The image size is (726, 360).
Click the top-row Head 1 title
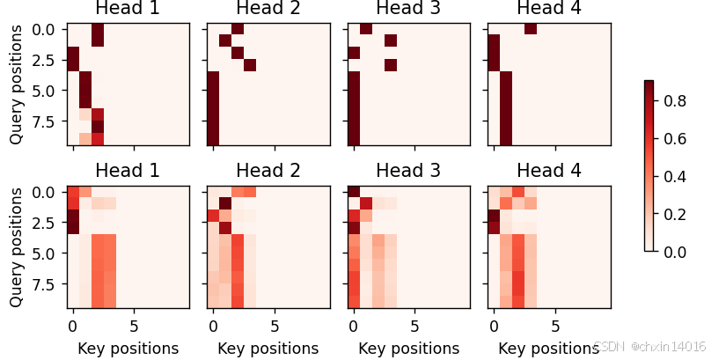click(128, 9)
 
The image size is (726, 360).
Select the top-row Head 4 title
click(549, 9)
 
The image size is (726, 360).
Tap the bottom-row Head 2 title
click(268, 171)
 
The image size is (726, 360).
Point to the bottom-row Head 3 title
click(409, 171)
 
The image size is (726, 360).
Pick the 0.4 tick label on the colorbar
click(677, 176)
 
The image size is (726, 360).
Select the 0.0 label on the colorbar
click(677, 252)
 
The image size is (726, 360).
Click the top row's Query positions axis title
click(16, 85)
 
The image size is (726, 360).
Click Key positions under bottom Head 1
click(128, 349)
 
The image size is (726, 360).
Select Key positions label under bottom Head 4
click(549, 349)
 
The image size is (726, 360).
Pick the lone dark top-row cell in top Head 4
click(531, 29)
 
